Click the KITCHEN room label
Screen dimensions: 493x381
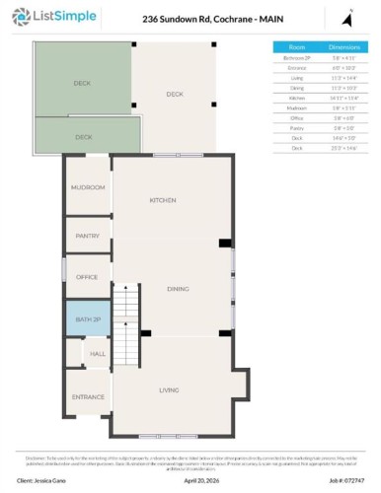pyautogui.click(x=163, y=200)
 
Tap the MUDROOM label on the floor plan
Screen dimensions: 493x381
pyautogui.click(x=87, y=187)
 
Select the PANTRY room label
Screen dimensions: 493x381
pyautogui.click(x=87, y=236)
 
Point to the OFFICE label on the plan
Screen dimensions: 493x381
pyautogui.click(x=87, y=277)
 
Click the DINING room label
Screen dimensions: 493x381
pyautogui.click(x=178, y=289)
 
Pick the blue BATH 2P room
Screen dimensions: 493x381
pyautogui.click(x=87, y=319)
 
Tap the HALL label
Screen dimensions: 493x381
pyautogui.click(x=98, y=353)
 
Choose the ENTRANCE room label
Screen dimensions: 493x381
pyautogui.click(x=87, y=397)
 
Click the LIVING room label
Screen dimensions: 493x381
pyautogui.click(x=169, y=390)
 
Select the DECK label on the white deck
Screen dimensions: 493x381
pyautogui.click(x=175, y=94)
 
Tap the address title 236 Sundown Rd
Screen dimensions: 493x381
pyautogui.click(x=193, y=18)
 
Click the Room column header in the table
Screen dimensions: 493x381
pyautogui.click(x=296, y=46)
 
